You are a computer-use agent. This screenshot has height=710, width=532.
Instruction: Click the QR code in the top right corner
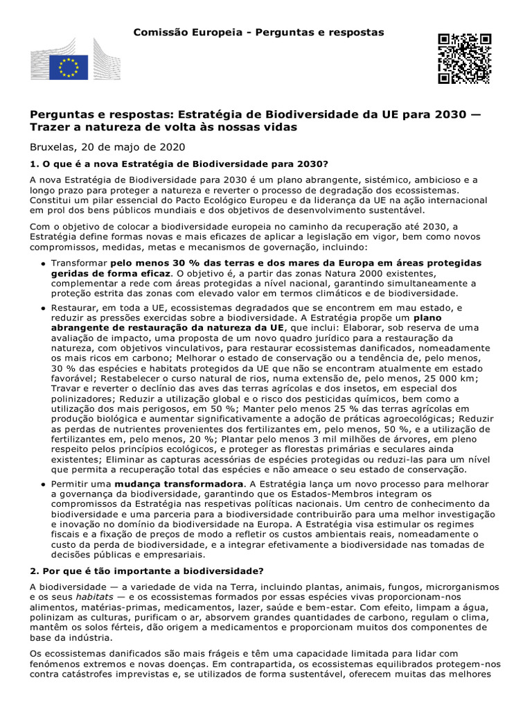[464, 58]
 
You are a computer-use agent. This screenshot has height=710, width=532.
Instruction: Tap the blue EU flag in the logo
[68, 67]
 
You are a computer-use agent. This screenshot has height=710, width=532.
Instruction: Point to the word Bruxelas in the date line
[53, 147]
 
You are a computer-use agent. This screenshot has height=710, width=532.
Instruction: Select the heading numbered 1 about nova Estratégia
[178, 164]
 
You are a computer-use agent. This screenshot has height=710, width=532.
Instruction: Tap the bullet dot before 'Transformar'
[43, 265]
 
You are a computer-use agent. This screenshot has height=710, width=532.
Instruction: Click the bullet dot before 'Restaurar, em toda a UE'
[43, 308]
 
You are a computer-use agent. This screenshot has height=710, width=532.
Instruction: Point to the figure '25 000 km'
[434, 379]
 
